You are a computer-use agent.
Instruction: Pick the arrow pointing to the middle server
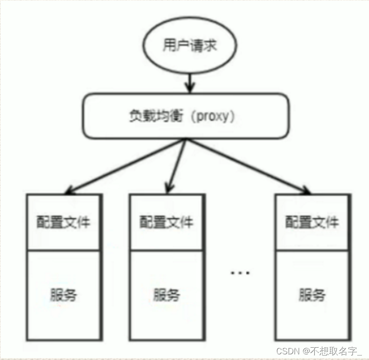coord(177,165)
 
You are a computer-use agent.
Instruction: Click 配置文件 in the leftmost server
coord(64,222)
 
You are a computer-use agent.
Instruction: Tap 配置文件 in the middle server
coord(166,222)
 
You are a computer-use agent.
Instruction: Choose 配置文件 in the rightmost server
coord(312,222)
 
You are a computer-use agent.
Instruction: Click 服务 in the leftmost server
coord(64,295)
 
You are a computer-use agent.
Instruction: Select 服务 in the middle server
coord(166,295)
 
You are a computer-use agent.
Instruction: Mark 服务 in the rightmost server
coord(312,295)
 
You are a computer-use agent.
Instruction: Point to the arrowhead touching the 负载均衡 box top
coord(189,88)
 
